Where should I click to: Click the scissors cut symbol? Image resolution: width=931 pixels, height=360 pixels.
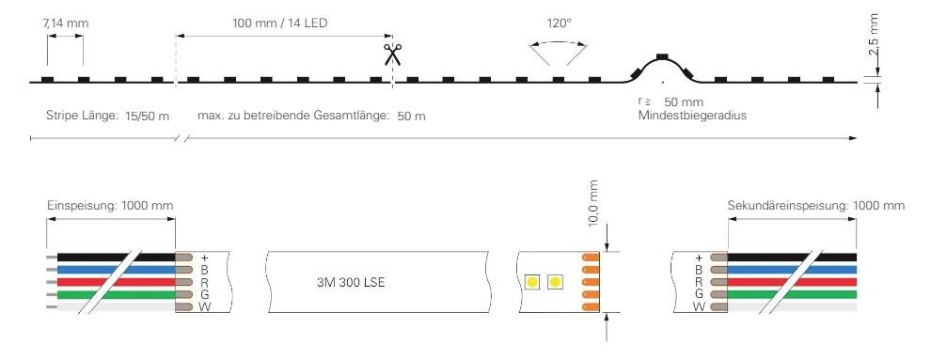pyautogui.click(x=391, y=54)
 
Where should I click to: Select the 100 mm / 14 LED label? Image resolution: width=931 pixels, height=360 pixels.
pyautogui.click(x=282, y=20)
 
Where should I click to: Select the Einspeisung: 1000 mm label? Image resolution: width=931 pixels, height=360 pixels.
pyautogui.click(x=110, y=205)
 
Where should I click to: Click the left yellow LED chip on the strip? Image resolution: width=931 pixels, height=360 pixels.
pyautogui.click(x=531, y=282)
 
